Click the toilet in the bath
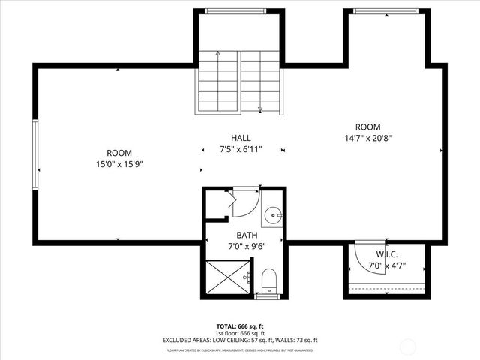tap(269, 280)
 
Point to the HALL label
tap(241, 138)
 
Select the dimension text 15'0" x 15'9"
tap(118, 163)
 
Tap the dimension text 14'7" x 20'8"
tap(367, 139)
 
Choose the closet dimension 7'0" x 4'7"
tap(386, 265)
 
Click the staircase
tap(239, 82)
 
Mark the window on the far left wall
tap(35, 154)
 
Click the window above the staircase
tap(239, 10)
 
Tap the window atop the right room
tap(387, 10)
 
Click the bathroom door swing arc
tap(244, 203)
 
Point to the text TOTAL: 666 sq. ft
tap(240, 327)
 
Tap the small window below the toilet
tap(266, 297)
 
